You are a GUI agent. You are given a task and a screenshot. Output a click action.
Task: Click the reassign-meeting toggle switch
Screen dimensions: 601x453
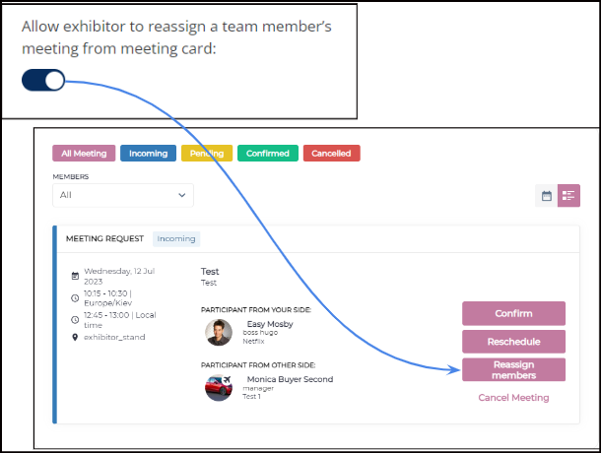point(43,80)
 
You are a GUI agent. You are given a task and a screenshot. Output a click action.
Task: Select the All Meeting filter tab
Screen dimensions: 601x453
point(84,154)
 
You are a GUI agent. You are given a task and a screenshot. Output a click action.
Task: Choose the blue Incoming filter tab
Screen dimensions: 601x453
point(149,154)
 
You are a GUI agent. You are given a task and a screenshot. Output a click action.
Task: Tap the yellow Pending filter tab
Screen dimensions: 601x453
point(207,154)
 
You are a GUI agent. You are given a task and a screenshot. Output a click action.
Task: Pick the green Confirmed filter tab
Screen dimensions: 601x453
point(268,154)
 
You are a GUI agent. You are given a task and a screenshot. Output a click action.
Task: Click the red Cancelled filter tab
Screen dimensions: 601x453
point(332,154)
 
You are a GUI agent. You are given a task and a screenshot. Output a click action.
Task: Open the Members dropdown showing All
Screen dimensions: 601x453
point(123,195)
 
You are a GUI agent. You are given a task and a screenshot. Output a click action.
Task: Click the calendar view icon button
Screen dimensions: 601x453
point(547,196)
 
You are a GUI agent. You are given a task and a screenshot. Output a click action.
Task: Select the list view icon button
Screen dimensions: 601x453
point(568,196)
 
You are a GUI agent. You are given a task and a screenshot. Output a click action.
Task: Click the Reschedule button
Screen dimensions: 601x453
point(513,342)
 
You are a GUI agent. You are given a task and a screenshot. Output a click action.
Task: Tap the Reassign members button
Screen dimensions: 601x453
point(513,370)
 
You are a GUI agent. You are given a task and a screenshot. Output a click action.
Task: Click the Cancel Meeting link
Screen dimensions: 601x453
point(513,398)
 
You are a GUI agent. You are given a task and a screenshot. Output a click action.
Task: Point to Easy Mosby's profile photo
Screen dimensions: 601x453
point(219,333)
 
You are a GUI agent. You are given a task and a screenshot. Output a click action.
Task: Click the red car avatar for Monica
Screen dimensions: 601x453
point(219,388)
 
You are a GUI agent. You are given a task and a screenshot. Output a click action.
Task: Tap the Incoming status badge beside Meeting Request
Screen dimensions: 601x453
point(176,238)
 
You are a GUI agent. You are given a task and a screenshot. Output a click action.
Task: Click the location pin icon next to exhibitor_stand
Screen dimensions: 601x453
point(75,337)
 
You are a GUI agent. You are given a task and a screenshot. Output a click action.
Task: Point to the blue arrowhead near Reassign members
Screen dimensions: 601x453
point(454,370)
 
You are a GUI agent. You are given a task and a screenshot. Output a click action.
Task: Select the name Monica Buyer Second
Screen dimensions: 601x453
point(290,379)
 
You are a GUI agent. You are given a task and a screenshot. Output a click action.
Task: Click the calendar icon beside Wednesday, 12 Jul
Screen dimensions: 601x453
point(75,276)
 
